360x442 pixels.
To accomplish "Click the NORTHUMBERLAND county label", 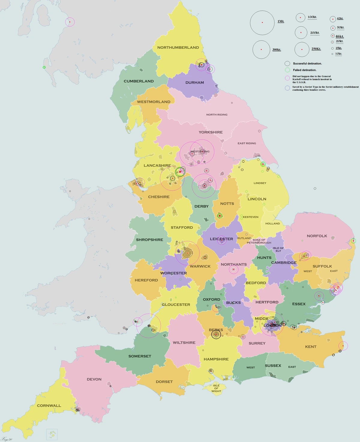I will tap(178, 47).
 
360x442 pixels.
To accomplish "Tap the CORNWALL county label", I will tap(49, 405).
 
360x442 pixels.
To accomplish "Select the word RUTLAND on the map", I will tap(244, 238).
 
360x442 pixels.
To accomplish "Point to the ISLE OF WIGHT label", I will tap(216, 388).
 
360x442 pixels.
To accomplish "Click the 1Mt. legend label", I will tap(280, 21).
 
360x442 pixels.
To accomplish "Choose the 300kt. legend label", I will tap(277, 49).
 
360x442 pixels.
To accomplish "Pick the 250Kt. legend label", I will tap(316, 49).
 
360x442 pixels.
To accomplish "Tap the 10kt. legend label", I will tap(338, 54).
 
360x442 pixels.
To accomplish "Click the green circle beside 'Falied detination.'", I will tap(287, 70).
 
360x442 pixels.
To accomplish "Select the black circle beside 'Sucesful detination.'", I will tap(287, 64).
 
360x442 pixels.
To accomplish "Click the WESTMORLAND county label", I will tap(154, 102).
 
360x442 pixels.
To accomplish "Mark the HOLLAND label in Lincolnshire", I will tap(272, 224).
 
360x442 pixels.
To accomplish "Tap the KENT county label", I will tap(310, 347).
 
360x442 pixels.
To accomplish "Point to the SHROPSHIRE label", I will tap(149, 240).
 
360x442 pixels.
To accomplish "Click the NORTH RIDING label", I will tap(217, 114).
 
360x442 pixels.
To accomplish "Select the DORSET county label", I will tap(164, 382).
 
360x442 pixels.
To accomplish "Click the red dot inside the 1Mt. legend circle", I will tap(262, 22).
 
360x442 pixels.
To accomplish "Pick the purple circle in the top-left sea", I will tap(70, 22).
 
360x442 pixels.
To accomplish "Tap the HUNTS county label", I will tap(264, 258).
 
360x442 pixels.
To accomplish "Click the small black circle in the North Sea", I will tap(315, 188).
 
